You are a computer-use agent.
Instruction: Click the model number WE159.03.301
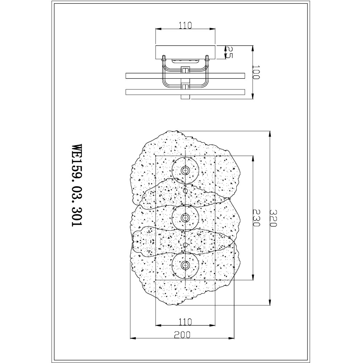tap(77, 185)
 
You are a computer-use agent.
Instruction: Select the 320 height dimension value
tap(273, 218)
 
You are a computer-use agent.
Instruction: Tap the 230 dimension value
tap(257, 218)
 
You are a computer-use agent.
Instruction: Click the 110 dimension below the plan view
tap(185, 322)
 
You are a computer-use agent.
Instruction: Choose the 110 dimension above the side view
tap(185, 25)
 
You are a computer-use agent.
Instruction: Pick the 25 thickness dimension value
tap(229, 52)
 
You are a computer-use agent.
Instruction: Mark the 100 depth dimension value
tap(257, 72)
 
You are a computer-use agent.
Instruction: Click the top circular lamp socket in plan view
tap(185, 170)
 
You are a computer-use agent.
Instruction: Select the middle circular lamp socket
tap(185, 217)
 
